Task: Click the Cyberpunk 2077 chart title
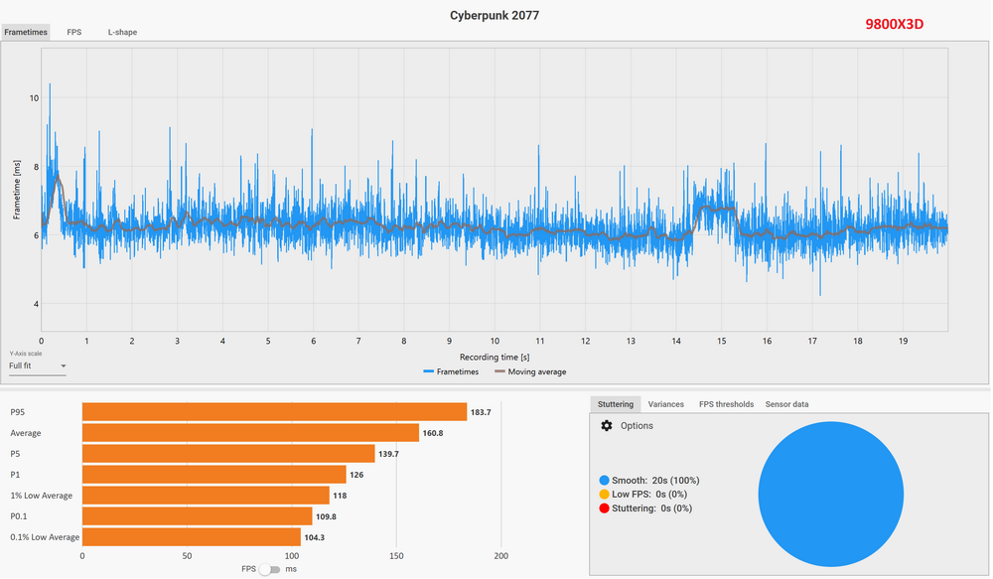click(x=494, y=16)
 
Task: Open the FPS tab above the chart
click(x=74, y=32)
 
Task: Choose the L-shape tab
click(x=123, y=32)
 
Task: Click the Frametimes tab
click(x=26, y=32)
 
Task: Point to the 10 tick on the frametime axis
click(x=34, y=98)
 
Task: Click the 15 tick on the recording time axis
click(x=721, y=341)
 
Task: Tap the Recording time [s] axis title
click(x=494, y=357)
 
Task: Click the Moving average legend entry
click(x=530, y=372)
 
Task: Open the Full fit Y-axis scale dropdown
click(x=38, y=366)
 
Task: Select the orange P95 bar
click(x=274, y=412)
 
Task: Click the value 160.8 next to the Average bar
click(x=435, y=433)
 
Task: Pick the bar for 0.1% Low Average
click(x=191, y=537)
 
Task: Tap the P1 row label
click(x=16, y=475)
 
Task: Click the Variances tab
click(x=665, y=404)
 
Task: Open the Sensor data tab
click(x=786, y=404)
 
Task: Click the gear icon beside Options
click(x=607, y=426)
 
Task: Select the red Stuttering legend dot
click(x=605, y=508)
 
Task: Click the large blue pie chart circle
click(x=830, y=494)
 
